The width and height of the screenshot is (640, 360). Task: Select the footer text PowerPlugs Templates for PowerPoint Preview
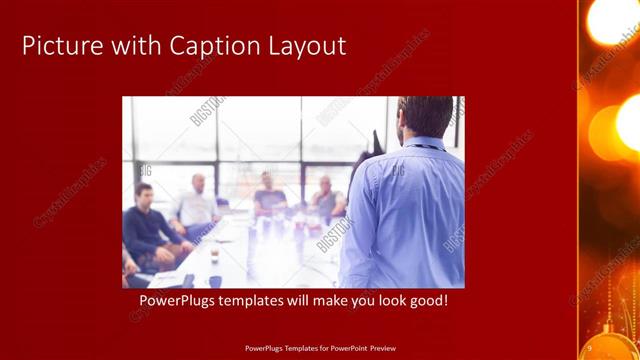(x=320, y=348)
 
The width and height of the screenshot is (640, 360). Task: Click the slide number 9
(x=589, y=347)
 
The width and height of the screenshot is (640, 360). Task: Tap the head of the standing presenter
(x=424, y=116)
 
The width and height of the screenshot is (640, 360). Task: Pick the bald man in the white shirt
(x=197, y=205)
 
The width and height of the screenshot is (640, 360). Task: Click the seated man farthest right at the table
(x=325, y=200)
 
